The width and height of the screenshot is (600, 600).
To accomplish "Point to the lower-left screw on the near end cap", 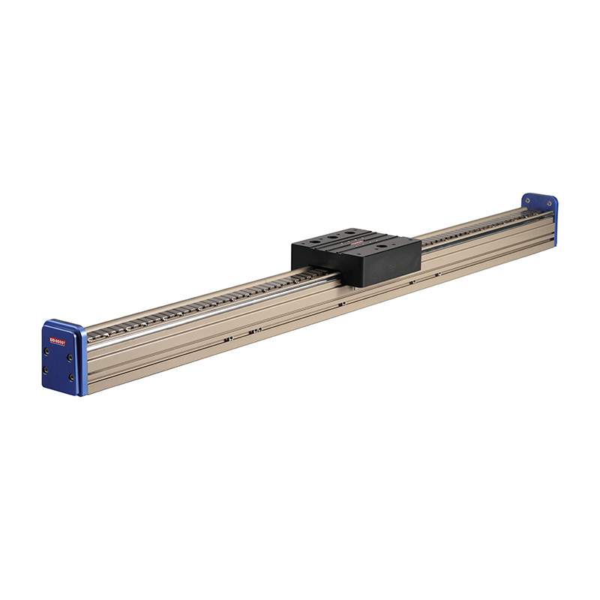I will pos(46,370).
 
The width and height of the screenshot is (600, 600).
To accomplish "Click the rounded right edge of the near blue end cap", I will pos(81,360).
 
